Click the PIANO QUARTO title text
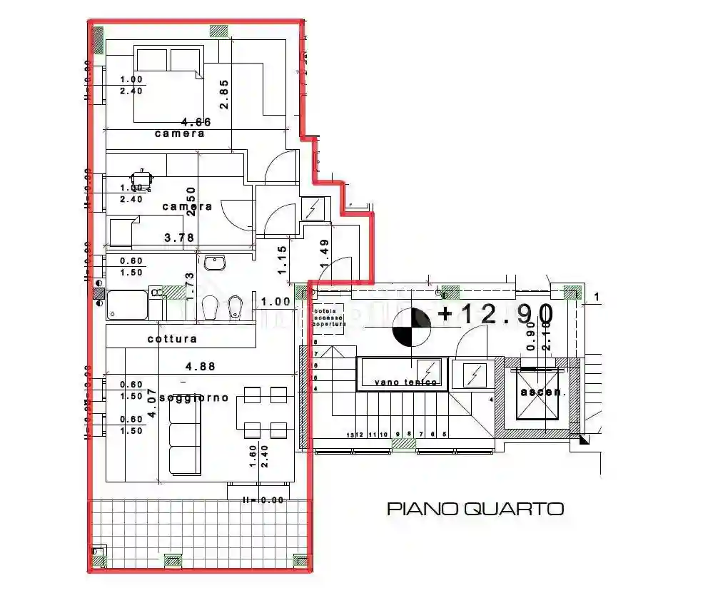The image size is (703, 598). [x=475, y=509]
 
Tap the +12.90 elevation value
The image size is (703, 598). [x=497, y=314]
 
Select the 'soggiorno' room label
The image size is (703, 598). [x=193, y=397]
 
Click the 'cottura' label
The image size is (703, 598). [x=172, y=339]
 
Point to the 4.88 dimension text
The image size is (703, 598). [x=201, y=367]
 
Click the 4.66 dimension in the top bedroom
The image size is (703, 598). [x=196, y=122]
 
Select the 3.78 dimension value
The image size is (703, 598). [x=180, y=238]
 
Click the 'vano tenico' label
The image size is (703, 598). [x=405, y=382]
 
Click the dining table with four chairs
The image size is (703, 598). [x=261, y=412]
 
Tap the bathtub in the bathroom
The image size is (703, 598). [x=128, y=305]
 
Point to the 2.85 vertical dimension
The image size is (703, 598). [x=224, y=94]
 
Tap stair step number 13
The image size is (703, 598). [x=350, y=435]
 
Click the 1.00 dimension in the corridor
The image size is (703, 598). [x=275, y=302]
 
